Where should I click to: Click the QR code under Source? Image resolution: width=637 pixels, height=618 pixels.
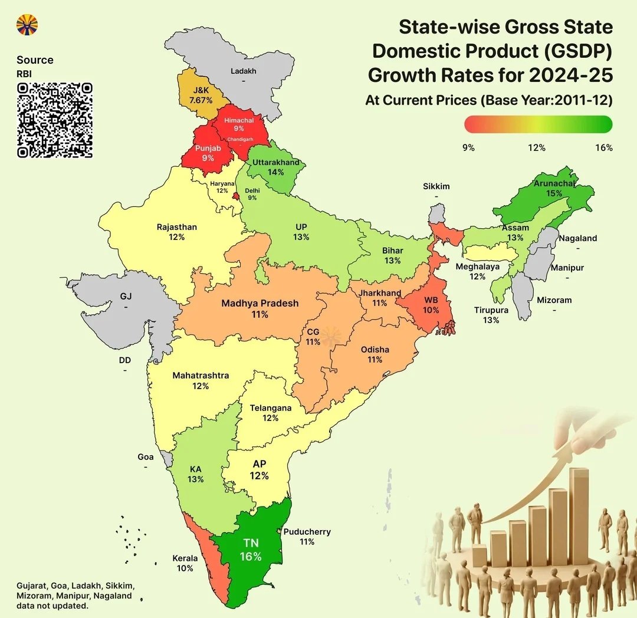(55, 120)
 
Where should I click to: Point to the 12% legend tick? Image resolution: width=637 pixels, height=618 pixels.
(536, 147)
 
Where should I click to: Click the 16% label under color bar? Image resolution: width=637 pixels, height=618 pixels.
(603, 147)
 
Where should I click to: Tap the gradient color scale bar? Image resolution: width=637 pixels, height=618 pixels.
(538, 124)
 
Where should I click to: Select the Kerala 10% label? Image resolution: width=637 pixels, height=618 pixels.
(185, 563)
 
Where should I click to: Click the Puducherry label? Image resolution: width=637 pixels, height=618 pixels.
(307, 531)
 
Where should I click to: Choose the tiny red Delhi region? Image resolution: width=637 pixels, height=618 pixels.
(236, 196)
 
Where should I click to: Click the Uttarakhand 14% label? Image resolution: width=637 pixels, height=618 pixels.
(275, 167)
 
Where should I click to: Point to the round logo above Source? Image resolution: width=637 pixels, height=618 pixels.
(27, 24)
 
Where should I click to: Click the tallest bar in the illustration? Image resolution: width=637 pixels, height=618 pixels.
(579, 516)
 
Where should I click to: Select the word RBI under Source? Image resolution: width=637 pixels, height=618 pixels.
(24, 74)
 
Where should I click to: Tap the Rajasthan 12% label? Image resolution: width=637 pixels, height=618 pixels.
(176, 232)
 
